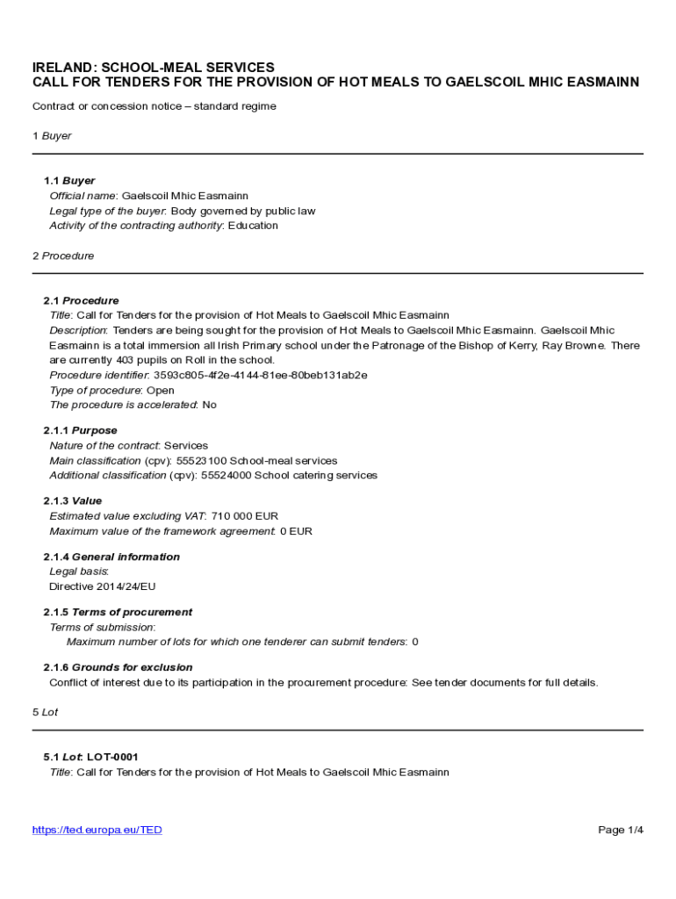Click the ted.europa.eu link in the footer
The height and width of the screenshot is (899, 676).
click(97, 830)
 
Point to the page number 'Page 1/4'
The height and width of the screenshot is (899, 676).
click(621, 830)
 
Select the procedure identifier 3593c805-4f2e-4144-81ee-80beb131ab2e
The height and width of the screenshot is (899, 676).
click(261, 375)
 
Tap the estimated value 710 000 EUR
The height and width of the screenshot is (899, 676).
click(245, 516)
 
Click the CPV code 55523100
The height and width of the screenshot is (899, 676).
click(201, 461)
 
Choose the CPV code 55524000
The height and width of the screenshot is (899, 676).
click(226, 475)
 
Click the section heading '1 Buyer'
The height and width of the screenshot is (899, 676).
click(52, 136)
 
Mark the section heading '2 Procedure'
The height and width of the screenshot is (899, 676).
click(63, 255)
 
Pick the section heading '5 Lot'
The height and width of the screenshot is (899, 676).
click(45, 712)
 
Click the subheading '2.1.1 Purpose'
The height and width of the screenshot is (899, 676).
click(80, 430)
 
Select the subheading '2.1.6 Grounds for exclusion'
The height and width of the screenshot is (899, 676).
click(118, 667)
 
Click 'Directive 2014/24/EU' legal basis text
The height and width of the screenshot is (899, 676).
click(102, 586)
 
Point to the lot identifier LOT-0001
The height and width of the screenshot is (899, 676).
click(112, 757)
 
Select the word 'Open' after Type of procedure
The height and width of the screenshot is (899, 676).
click(160, 390)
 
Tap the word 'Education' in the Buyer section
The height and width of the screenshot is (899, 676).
click(253, 226)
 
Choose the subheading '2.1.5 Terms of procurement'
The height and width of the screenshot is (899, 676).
click(118, 612)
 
